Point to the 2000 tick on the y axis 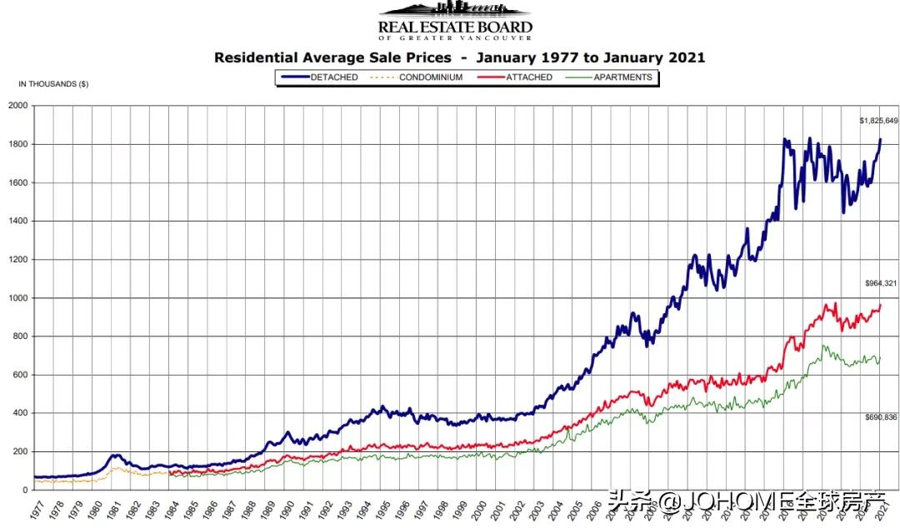[18, 106]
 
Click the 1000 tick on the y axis [18, 298]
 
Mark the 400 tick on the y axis [21, 413]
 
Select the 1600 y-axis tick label [18, 183]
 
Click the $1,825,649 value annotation [878, 121]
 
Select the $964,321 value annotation [880, 284]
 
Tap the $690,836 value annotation [880, 417]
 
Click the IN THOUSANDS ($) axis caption [53, 84]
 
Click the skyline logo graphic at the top [454, 10]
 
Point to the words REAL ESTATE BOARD [455, 27]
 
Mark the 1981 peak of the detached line [117, 456]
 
